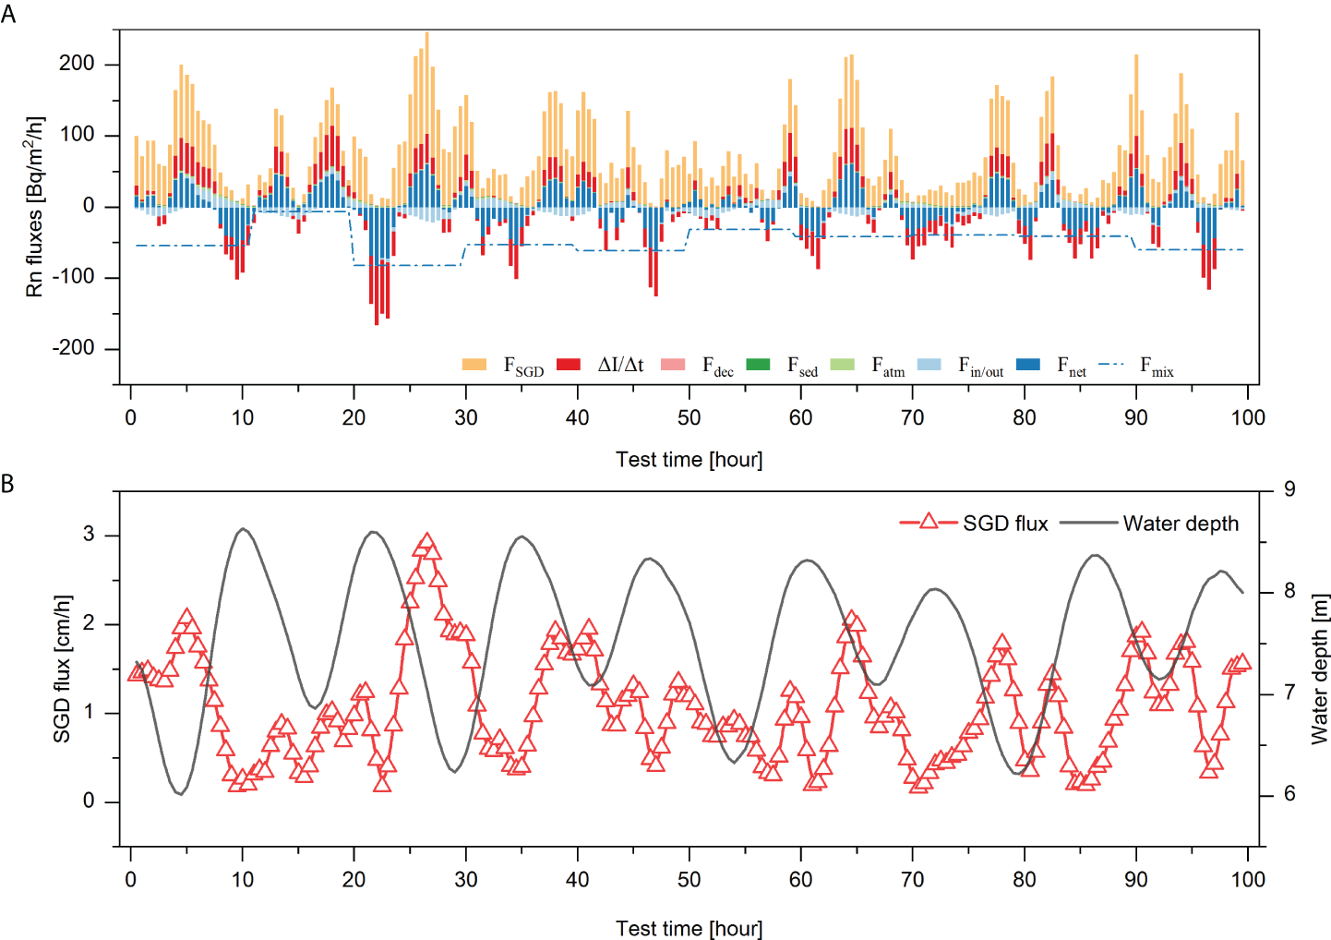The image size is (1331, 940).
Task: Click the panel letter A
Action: coord(8,15)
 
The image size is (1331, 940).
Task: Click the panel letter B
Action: coord(8,483)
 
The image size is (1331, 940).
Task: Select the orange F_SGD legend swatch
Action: coord(474,365)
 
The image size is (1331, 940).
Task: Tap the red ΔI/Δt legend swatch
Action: coord(569,365)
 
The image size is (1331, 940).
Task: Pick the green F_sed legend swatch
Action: coord(757,365)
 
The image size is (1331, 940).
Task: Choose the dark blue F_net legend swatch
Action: coord(1027,365)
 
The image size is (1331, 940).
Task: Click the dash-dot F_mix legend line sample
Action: coord(1111,365)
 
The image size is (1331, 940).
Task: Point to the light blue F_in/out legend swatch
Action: coord(929,365)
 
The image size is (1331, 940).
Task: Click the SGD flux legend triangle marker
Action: coord(929,523)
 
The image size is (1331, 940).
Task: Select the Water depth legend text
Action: coord(1181,524)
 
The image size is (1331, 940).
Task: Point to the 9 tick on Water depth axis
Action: coord(1289,489)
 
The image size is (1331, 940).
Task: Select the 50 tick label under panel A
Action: coord(689,417)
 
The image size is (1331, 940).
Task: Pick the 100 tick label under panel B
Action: coord(1247,879)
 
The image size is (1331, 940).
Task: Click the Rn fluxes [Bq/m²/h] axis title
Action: coord(34,207)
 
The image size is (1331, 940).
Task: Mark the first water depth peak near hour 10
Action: coord(243,529)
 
